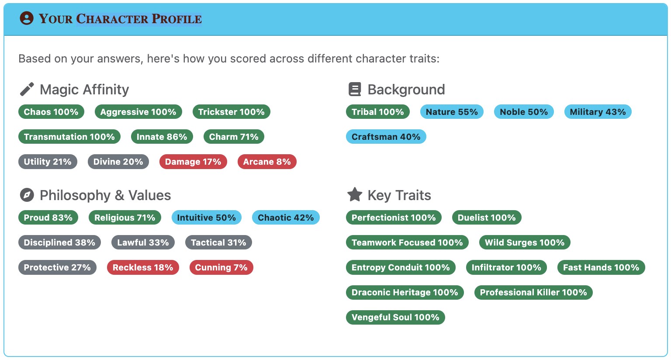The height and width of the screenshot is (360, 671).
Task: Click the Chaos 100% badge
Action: pyautogui.click(x=51, y=112)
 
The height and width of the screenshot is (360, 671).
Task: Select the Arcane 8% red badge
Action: pyautogui.click(x=267, y=162)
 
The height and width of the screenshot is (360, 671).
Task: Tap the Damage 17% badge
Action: pyautogui.click(x=193, y=162)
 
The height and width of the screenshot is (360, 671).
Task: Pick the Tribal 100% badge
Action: pyautogui.click(x=378, y=112)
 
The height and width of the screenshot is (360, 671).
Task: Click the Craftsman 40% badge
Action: pyautogui.click(x=386, y=137)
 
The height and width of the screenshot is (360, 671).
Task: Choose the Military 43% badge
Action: pyautogui.click(x=598, y=112)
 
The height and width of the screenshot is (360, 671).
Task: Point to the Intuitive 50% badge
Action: pyautogui.click(x=206, y=218)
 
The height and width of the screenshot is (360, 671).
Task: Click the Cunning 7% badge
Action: pyautogui.click(x=221, y=267)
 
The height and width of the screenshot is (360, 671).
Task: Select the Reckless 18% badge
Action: pyautogui.click(x=143, y=267)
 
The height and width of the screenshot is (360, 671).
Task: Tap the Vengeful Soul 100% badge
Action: pyautogui.click(x=395, y=317)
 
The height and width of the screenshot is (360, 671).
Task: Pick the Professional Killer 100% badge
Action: pyautogui.click(x=533, y=292)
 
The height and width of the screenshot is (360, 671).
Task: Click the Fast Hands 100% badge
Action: pyautogui.click(x=601, y=267)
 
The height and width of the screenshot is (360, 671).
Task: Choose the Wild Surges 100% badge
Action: pyautogui.click(x=525, y=242)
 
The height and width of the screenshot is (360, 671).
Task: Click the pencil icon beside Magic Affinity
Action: pyautogui.click(x=27, y=89)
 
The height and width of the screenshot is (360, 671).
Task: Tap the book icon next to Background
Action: pyautogui.click(x=355, y=89)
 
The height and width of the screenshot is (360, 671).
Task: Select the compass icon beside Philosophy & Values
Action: pyautogui.click(x=27, y=195)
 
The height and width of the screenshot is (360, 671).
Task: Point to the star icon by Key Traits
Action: pyautogui.click(x=355, y=195)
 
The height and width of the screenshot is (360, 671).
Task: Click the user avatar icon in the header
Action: pyautogui.click(x=27, y=18)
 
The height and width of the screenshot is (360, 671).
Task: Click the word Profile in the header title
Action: pyautogui.click(x=176, y=19)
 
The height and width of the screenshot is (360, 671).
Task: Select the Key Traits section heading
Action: pyautogui.click(x=399, y=195)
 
